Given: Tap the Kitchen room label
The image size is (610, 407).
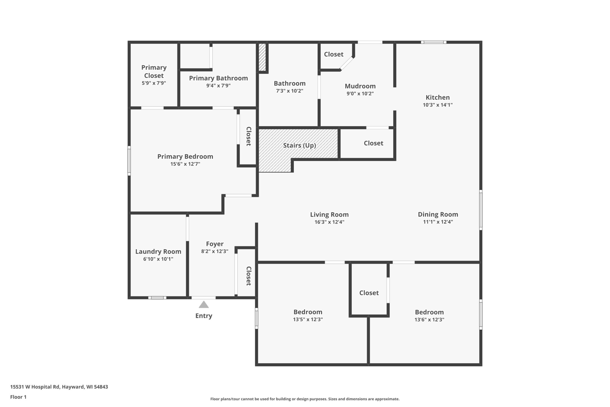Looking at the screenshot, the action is pyautogui.click(x=437, y=97).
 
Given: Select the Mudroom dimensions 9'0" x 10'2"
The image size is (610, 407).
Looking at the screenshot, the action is pyautogui.click(x=360, y=93).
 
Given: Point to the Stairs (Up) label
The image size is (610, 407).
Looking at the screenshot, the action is pyautogui.click(x=299, y=145).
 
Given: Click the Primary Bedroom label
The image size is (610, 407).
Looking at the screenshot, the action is pyautogui.click(x=185, y=156).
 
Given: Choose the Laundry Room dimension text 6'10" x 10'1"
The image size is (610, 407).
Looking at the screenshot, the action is pyautogui.click(x=158, y=259).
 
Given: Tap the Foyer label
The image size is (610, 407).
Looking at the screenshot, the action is pyautogui.click(x=215, y=244).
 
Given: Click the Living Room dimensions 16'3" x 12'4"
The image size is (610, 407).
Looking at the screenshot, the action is pyautogui.click(x=329, y=222).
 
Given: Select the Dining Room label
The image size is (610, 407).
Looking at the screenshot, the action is pyautogui.click(x=438, y=214).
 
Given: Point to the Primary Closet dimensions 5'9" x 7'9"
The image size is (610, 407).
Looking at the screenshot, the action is pyautogui.click(x=154, y=83).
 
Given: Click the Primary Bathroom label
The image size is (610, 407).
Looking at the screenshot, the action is pyautogui.click(x=218, y=78).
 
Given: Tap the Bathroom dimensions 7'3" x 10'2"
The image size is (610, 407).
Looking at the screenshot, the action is pyautogui.click(x=290, y=91).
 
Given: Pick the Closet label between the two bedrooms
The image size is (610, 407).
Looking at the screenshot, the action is pyautogui.click(x=369, y=293).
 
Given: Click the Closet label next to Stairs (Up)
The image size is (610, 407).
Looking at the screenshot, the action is pyautogui.click(x=373, y=143).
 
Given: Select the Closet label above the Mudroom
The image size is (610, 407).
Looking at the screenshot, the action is pyautogui.click(x=334, y=54).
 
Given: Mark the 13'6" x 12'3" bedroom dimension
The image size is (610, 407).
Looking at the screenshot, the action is pyautogui.click(x=429, y=319).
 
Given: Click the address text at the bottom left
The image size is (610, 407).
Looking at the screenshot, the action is pyautogui.click(x=59, y=387).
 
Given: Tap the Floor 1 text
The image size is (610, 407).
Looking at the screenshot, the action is pyautogui.click(x=18, y=397).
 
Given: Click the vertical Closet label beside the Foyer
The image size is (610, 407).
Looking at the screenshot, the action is pyautogui.click(x=249, y=276).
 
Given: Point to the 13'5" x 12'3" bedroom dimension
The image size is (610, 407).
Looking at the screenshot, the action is pyautogui.click(x=308, y=319).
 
